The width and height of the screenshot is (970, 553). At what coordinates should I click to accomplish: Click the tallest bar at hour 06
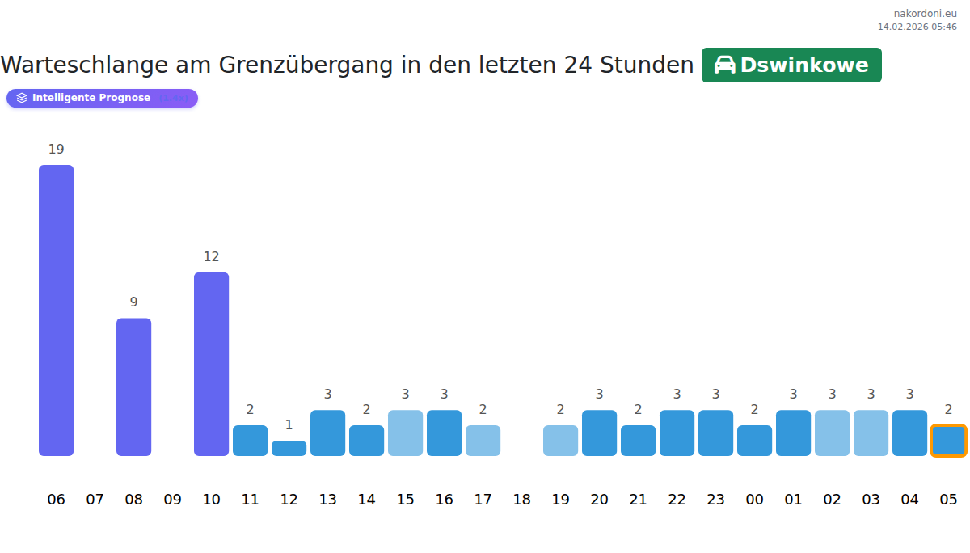coord(57,310)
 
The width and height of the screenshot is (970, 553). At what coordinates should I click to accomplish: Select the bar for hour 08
coord(134,386)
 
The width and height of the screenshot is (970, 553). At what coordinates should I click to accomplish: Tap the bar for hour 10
coord(212,364)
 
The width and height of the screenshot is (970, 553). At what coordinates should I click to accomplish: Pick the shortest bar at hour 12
coord(289,448)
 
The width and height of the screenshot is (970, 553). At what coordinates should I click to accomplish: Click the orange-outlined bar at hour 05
coord(948,441)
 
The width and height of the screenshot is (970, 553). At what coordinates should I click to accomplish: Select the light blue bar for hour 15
coord(406,433)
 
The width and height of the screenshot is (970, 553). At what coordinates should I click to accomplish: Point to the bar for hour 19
coord(561,441)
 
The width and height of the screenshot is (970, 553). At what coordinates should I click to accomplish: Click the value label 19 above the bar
coord(56,150)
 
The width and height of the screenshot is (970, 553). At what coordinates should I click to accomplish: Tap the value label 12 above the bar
coord(212,257)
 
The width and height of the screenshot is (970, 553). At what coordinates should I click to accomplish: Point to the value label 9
coord(134,302)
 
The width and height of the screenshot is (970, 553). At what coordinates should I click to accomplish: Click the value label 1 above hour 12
coord(289,425)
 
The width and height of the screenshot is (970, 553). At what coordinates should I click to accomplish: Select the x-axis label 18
coord(522,500)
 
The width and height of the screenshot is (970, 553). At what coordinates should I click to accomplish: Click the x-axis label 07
coord(95,500)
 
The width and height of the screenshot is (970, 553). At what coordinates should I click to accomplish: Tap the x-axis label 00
coord(755,500)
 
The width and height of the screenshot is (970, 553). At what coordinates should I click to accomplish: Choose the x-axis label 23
coord(716,500)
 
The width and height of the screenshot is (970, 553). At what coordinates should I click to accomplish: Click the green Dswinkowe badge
coord(791,65)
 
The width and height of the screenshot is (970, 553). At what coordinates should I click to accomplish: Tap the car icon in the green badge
coord(725,65)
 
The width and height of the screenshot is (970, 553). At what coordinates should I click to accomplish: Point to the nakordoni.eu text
coord(925,14)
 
